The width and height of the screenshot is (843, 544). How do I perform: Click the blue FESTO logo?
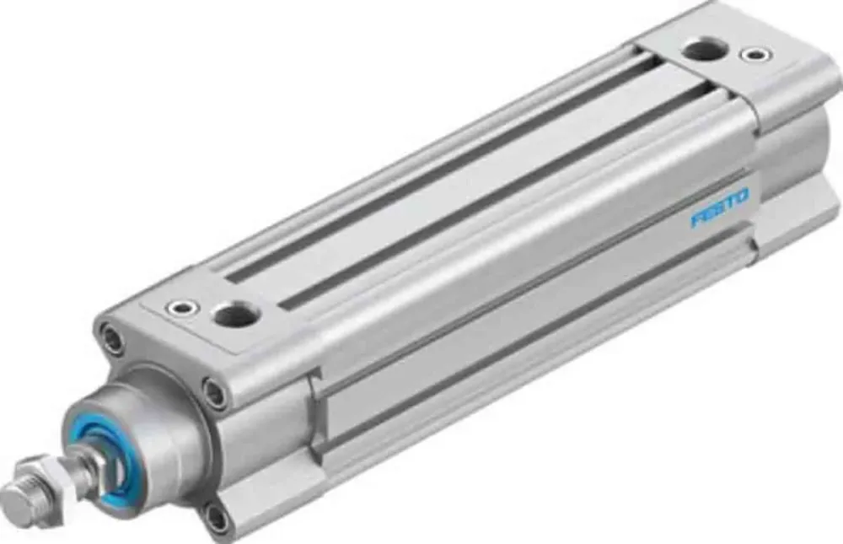[719, 209]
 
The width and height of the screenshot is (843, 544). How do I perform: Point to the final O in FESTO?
[741, 199]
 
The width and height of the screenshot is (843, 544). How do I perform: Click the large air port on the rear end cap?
[701, 49]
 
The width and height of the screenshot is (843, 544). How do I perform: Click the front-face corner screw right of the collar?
[215, 393]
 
